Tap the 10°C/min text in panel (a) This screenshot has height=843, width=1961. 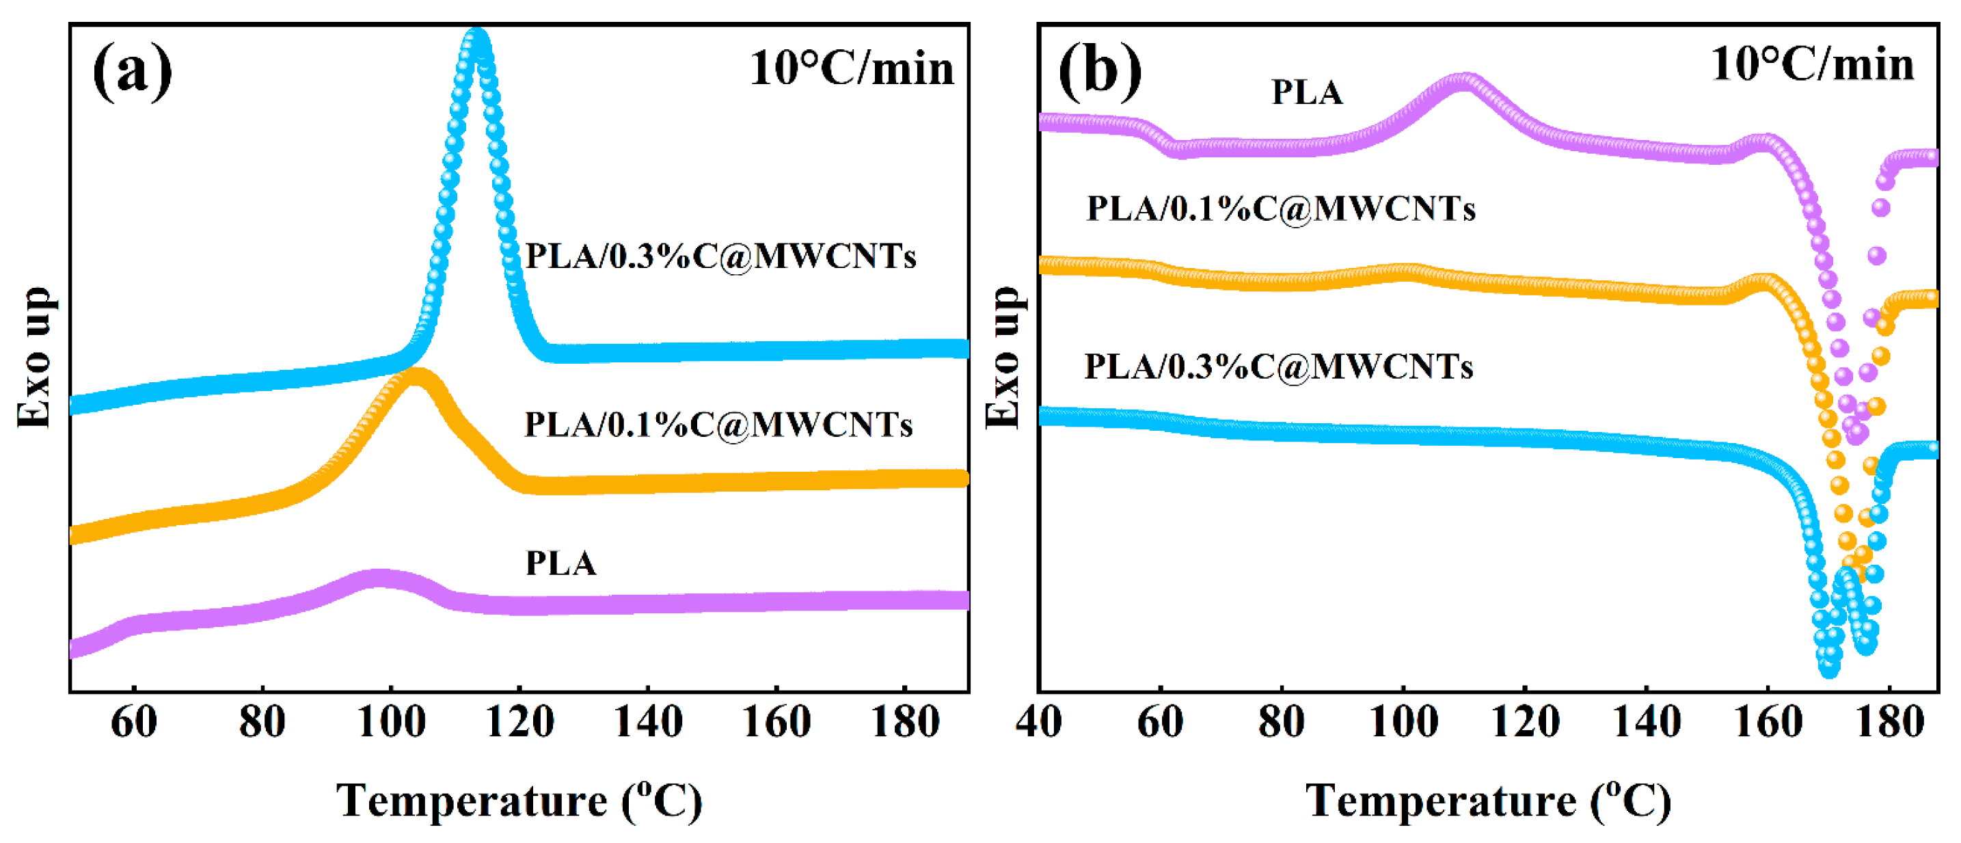tap(851, 68)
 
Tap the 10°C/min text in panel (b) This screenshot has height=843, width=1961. tap(1812, 64)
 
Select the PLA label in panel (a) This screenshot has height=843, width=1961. tap(561, 563)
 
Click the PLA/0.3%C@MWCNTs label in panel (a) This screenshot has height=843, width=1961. tap(720, 256)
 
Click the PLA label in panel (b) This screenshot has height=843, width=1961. tap(1307, 92)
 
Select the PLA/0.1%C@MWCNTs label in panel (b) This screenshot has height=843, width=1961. tap(1280, 209)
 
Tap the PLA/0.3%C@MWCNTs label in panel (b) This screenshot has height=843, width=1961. tap(1278, 367)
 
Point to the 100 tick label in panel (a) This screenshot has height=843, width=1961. tap(390, 722)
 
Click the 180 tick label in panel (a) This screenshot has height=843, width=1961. tap(904, 722)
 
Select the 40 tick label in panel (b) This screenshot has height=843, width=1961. tap(1038, 722)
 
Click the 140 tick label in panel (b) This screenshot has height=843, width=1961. tap(1646, 722)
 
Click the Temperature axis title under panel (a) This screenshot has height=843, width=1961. tap(519, 801)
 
